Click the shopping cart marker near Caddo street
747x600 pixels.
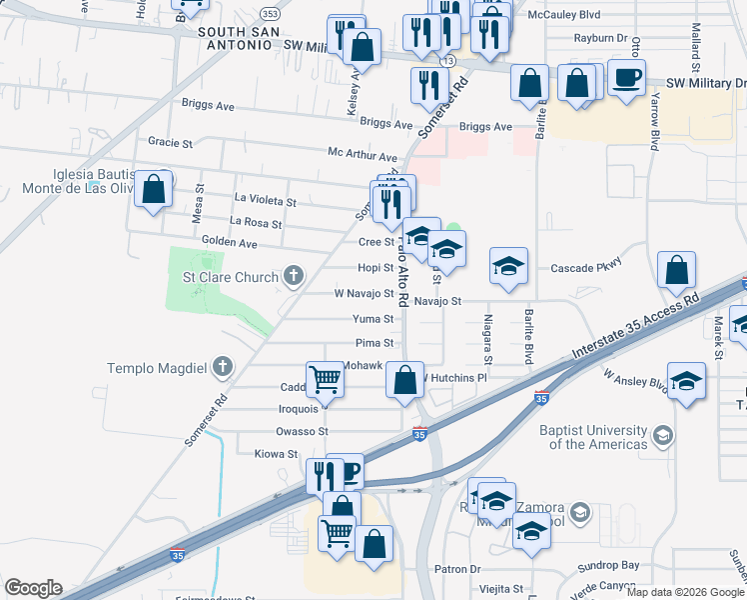[325, 380]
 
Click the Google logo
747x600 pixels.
[32, 588]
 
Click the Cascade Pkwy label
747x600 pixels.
[586, 268]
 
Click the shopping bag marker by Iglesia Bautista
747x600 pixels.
[153, 190]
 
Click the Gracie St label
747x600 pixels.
[170, 143]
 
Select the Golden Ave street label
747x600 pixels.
[230, 243]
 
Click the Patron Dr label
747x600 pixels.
[460, 569]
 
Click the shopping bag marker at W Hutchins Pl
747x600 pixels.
[404, 380]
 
